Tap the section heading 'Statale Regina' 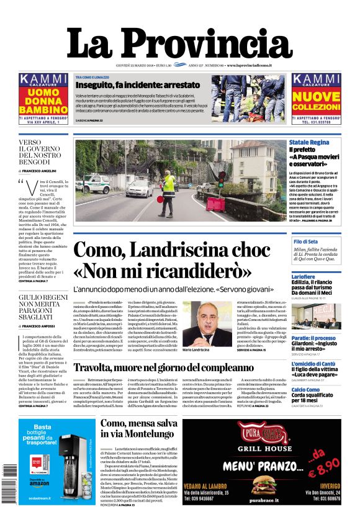pos(309,143)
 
